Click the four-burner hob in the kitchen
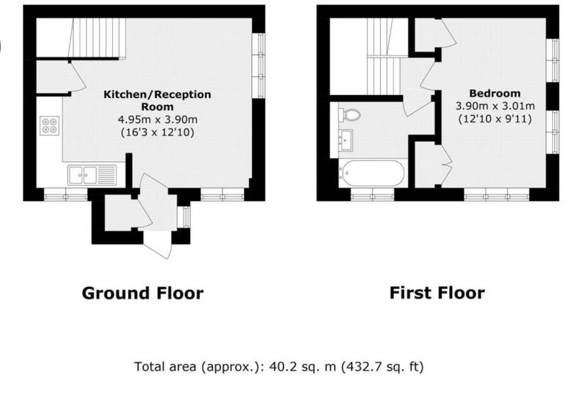(x=50, y=125)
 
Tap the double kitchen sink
(x=92, y=175)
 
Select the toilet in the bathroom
(x=349, y=114)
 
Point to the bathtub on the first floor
(x=371, y=173)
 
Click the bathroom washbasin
(x=345, y=141)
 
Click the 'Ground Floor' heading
(x=143, y=294)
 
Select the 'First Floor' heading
(x=437, y=293)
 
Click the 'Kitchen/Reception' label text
(x=157, y=94)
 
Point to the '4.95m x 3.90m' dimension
(x=157, y=120)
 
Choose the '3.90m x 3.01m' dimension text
(x=495, y=106)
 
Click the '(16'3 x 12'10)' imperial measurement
(x=157, y=132)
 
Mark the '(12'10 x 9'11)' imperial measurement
(x=495, y=119)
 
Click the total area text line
(x=279, y=367)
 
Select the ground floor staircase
(x=97, y=38)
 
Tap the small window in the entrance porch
(x=184, y=217)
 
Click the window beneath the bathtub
(x=373, y=195)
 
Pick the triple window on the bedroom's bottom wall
(x=497, y=195)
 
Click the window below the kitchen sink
(x=66, y=195)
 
